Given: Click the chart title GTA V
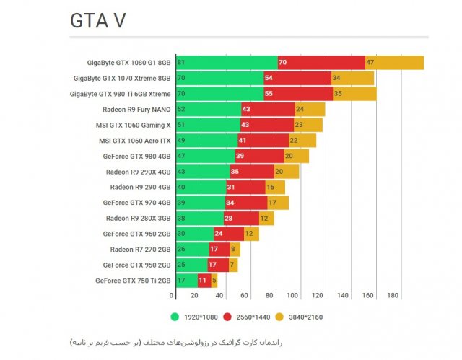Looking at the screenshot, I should click(97, 21).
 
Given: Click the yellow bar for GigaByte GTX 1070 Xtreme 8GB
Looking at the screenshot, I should click(352, 78).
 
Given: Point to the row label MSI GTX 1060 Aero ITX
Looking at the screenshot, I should click(135, 141).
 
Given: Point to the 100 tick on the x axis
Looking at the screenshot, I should click(293, 296).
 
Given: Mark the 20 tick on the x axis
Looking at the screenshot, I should click(195, 296).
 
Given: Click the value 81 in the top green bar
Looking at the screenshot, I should click(180, 63).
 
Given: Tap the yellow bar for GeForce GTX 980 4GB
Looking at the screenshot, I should click(296, 156).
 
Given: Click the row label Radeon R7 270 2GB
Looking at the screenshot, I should click(140, 250).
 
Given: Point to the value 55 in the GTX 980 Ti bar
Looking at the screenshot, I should click(269, 94).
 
